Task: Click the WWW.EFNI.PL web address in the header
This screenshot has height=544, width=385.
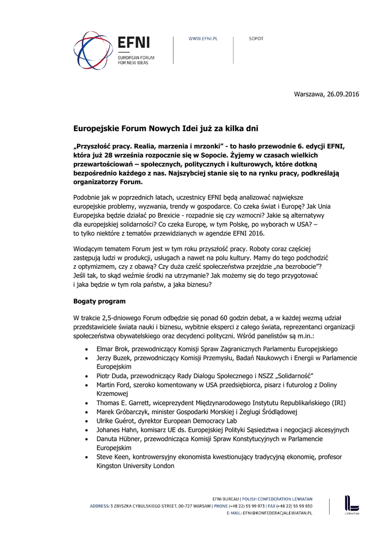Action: point(204,39)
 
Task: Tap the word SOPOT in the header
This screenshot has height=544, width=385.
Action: point(256,39)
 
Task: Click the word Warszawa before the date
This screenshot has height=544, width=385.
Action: point(309,95)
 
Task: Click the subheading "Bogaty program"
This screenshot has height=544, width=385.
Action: point(99,301)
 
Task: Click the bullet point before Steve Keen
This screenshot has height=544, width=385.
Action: point(87,457)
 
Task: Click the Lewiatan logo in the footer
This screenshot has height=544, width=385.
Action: point(351,505)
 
